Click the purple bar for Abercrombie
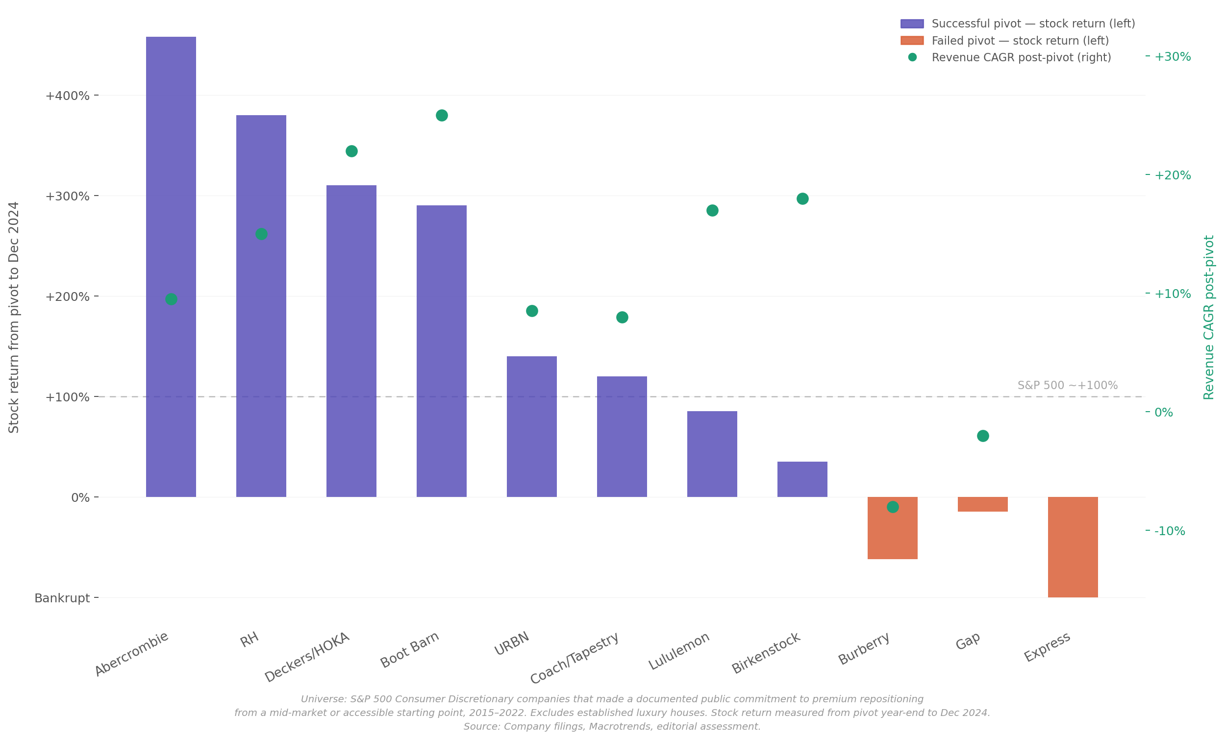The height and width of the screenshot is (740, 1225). pos(171,267)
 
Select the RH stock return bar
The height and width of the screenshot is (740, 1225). pos(261,306)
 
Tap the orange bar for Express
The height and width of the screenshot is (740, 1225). pos(1073,547)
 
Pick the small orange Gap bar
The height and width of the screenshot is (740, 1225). pos(983,504)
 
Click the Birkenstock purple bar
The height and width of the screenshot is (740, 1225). pos(802,479)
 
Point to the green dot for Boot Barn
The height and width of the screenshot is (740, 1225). pos(442,115)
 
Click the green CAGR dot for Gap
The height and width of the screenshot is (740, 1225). pos(983,436)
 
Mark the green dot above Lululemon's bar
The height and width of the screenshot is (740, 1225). pos(712,210)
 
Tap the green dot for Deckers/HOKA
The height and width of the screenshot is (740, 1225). pos(351,151)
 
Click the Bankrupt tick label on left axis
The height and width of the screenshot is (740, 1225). pos(62,598)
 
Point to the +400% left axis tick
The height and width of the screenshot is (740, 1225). pos(68,96)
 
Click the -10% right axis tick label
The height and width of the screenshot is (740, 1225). pos(1169,531)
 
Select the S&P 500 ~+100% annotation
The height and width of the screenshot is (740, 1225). pos(1067,385)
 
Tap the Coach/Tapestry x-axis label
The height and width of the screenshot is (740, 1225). pos(575,657)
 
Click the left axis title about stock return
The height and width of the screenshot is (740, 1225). pos(14,317)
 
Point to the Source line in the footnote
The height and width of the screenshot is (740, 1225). pos(612,727)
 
